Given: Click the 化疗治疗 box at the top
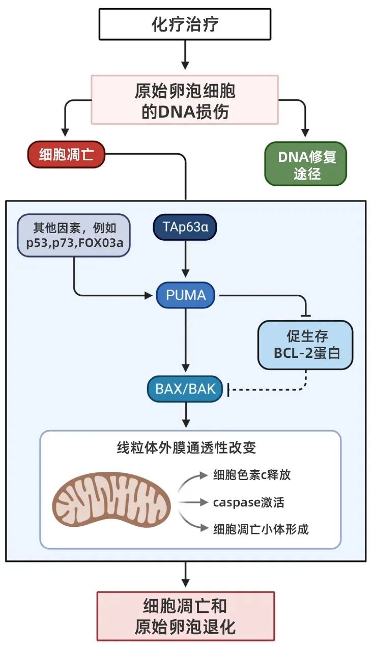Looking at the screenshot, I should (x=185, y=24).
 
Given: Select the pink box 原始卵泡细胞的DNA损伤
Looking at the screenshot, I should (x=185, y=100).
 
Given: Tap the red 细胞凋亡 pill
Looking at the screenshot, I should (x=66, y=154).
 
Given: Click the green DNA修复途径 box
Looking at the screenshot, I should (x=306, y=163).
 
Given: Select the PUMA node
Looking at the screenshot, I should (x=185, y=295).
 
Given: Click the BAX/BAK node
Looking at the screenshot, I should (x=185, y=389).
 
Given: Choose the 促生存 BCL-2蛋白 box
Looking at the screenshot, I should (x=305, y=345).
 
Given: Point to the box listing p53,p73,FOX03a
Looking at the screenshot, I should (x=74, y=235).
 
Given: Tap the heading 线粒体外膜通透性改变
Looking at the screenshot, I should (x=186, y=448).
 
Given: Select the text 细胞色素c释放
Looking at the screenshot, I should (x=252, y=475).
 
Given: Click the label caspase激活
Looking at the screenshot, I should (x=248, y=502).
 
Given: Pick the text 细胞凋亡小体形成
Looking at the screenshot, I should (x=261, y=529).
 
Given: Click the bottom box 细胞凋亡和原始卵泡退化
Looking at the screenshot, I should (x=185, y=615).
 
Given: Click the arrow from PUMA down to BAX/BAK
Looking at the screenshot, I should (x=186, y=341).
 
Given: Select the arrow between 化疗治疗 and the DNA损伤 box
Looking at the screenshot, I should (x=185, y=56).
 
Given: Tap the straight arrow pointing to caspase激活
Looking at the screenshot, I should (x=193, y=502).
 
